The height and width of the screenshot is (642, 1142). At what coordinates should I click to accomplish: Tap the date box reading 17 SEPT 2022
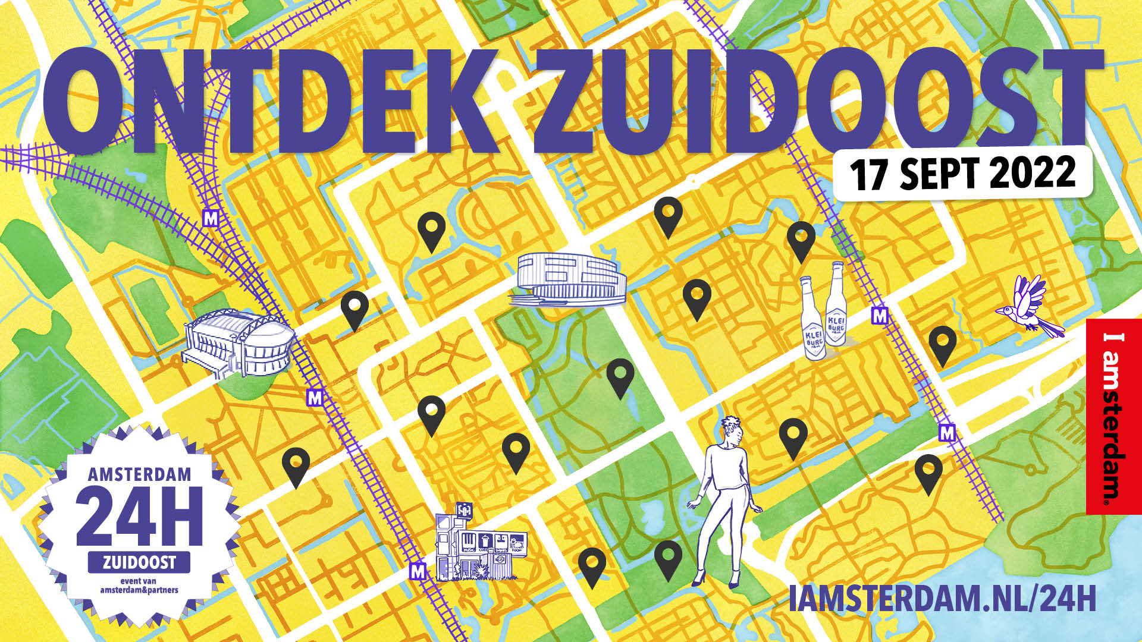(x=962, y=173)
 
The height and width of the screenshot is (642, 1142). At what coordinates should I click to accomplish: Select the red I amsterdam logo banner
(x=1113, y=416)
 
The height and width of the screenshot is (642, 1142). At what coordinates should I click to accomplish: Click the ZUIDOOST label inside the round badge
(x=139, y=562)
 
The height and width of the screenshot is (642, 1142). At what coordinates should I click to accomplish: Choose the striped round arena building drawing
(x=569, y=279)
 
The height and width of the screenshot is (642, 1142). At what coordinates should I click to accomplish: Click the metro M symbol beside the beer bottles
(x=879, y=316)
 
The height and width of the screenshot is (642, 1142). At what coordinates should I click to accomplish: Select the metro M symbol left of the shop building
(x=418, y=572)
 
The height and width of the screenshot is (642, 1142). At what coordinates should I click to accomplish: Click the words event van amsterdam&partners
(x=140, y=586)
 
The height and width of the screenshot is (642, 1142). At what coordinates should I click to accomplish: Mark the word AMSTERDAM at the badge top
(x=140, y=474)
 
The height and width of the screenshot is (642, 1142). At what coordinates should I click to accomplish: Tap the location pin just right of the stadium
(x=354, y=309)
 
